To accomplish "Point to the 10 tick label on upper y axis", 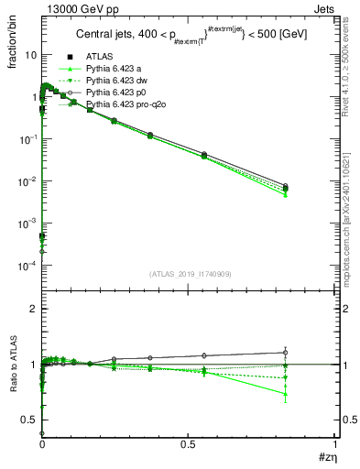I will click(x=30, y=55).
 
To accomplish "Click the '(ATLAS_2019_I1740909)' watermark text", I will click(x=190, y=274).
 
